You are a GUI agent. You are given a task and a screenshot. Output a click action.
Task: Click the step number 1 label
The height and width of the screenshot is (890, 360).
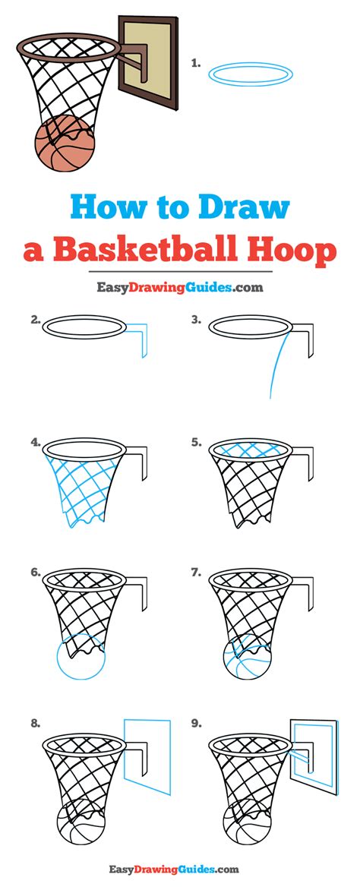tap(196, 64)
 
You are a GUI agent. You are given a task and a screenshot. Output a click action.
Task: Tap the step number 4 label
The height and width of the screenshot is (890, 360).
tap(36, 442)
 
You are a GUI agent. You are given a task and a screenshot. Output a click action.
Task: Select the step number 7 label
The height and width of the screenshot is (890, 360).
tap(197, 573)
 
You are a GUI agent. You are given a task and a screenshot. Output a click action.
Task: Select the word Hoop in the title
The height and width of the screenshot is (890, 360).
tap(292, 251)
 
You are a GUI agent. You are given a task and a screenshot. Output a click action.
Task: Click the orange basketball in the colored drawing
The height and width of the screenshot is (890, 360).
tap(65, 143)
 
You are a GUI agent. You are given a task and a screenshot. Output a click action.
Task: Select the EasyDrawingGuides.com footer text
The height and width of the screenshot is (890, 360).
tap(174, 869)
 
